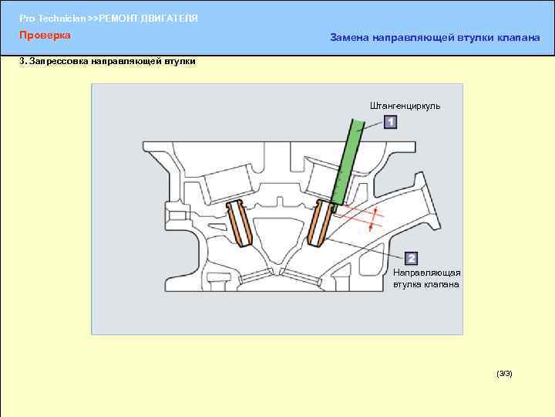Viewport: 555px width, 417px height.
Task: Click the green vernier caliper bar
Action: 348,161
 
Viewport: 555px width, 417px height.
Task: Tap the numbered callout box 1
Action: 390,122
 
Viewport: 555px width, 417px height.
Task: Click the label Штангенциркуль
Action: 405,106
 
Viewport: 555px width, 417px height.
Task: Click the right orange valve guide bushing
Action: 321,224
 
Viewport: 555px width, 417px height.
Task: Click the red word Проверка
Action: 45,36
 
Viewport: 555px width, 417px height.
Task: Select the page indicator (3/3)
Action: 504,374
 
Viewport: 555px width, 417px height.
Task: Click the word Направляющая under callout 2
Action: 426,273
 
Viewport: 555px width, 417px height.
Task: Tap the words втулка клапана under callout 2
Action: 426,284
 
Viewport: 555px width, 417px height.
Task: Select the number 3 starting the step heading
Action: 22,61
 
